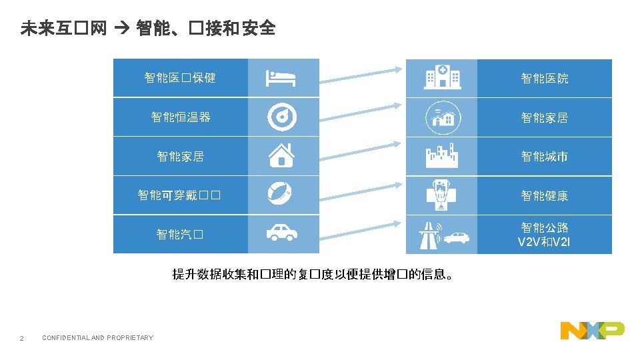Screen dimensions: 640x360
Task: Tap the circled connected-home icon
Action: pos(443,117)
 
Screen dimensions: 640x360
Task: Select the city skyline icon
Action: pos(443,156)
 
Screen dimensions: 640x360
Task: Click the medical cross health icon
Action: pos(443,195)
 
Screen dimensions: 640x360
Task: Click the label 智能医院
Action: pos(545,79)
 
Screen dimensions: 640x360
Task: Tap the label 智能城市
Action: pos(545,157)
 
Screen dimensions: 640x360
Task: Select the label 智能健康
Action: pos(545,196)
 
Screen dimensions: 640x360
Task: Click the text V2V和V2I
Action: pos(544,241)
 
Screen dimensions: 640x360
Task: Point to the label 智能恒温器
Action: pos(181,117)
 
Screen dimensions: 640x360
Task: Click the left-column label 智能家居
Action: pos(181,157)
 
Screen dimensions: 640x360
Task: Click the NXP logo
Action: pos(592,329)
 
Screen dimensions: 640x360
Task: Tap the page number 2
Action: pos(22,339)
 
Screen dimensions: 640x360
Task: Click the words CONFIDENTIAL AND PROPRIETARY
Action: pos(97,338)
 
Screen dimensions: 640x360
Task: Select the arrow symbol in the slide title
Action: pos(120,28)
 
